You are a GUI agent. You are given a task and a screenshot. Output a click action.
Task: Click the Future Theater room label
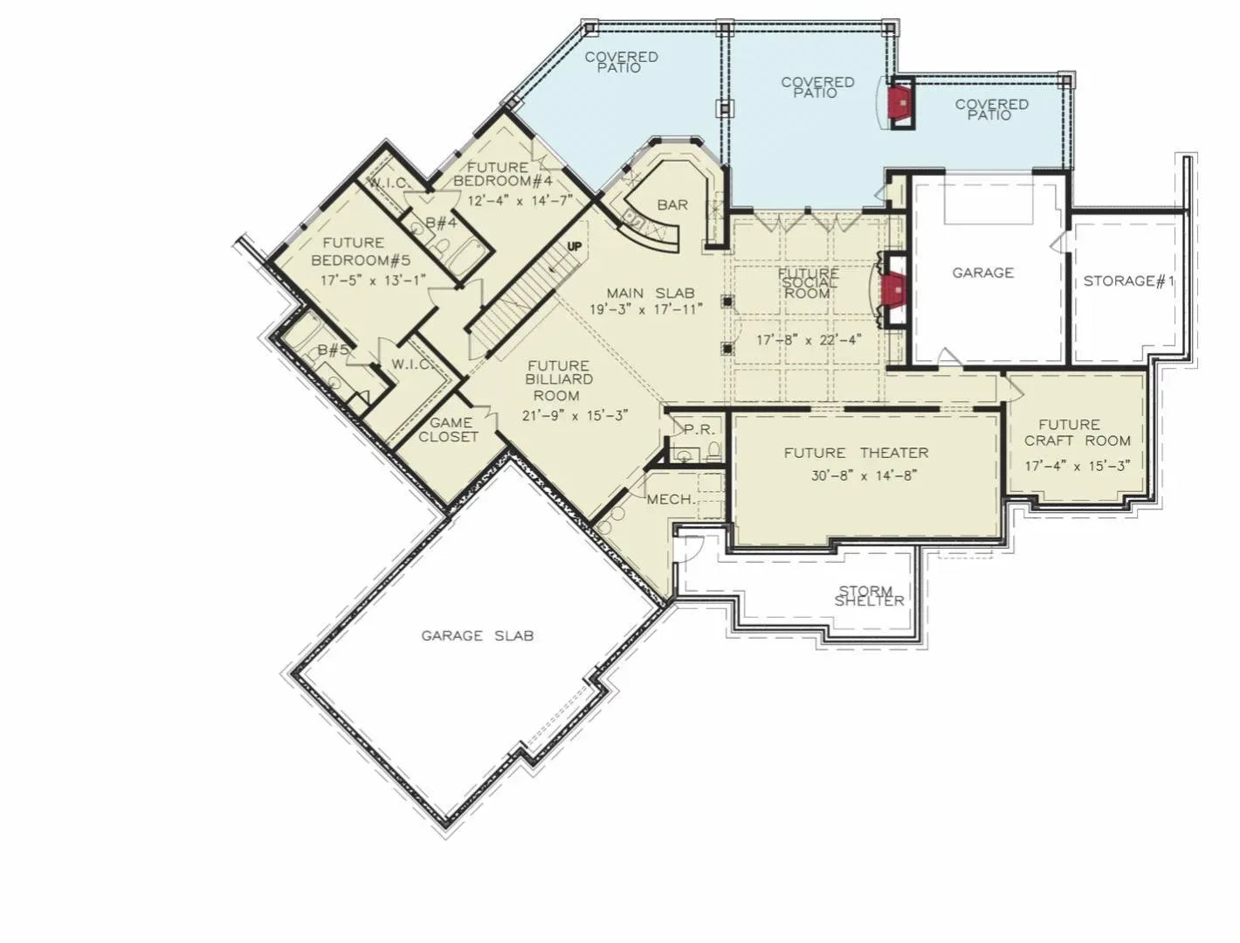[855, 453]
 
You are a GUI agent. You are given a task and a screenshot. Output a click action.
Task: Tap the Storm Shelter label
[868, 596]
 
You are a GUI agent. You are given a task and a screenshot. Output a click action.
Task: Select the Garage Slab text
[477, 635]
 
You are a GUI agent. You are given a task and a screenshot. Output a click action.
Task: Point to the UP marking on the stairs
[574, 246]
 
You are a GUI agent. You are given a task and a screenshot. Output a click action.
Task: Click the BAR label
[672, 205]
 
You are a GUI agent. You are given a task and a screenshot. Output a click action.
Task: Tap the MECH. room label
[671, 500]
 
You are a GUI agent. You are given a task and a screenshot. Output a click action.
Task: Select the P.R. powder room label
[699, 430]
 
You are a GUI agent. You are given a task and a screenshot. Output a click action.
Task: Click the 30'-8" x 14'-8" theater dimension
[864, 476]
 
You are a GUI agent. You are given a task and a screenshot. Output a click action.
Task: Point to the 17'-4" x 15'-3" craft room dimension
[1078, 466]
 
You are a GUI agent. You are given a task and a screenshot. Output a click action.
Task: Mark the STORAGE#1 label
[1128, 281]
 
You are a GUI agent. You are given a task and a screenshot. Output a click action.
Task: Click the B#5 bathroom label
[333, 350]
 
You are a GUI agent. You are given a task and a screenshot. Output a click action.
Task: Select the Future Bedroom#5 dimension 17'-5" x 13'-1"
[372, 281]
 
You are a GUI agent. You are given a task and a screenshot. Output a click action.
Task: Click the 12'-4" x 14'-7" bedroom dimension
[520, 200]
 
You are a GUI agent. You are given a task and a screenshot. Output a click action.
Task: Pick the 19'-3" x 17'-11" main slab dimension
[645, 309]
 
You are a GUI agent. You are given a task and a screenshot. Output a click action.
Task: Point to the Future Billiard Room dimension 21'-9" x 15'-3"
[575, 416]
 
